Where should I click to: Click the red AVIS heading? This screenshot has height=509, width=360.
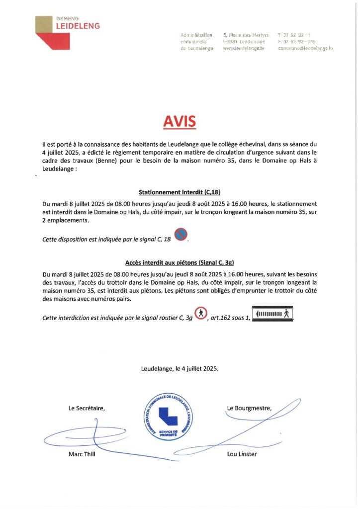pos(180,121)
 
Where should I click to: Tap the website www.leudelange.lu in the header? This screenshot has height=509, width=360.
pos(243,49)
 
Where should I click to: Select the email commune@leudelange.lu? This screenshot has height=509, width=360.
pos(305,49)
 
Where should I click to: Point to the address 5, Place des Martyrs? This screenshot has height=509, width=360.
pos(246,35)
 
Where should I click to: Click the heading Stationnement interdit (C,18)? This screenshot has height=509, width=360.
pos(180,191)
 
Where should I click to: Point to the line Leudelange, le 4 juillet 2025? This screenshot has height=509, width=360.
pos(180,369)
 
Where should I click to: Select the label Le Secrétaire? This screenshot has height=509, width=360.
pos(87,409)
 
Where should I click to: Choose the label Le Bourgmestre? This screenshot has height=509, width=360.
pos(249,409)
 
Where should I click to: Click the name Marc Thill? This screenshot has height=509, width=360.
pos(82,454)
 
